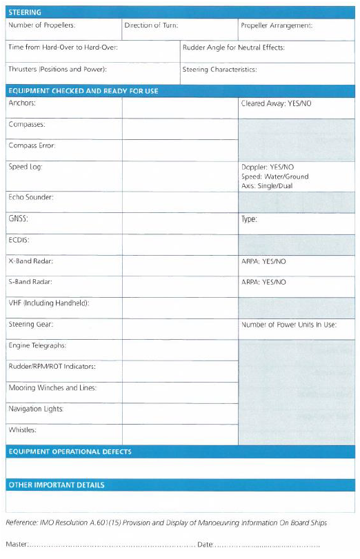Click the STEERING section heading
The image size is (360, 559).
[25, 12]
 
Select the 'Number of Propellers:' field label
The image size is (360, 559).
[41, 26]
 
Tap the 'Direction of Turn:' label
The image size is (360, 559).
[151, 26]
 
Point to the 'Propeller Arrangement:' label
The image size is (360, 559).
[276, 26]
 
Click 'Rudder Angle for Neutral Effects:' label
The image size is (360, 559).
[233, 48]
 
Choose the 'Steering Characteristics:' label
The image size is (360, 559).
[219, 70]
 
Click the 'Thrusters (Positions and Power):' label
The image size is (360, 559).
[57, 70]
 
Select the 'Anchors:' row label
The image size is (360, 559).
[22, 103]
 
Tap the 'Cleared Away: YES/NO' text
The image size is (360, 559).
[276, 103]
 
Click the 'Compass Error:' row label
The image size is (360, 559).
[32, 146]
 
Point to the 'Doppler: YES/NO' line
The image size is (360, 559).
[268, 167]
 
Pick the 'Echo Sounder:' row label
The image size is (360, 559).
[31, 198]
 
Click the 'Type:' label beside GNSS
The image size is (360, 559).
[249, 219]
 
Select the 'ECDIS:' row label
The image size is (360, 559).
[19, 241]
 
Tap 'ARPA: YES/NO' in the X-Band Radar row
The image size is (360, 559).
[263, 262]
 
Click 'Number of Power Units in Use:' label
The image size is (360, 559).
[288, 325]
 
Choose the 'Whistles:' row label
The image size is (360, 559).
[23, 430]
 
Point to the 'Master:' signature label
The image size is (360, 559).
[17, 545]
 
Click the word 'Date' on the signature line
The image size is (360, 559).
[205, 545]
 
